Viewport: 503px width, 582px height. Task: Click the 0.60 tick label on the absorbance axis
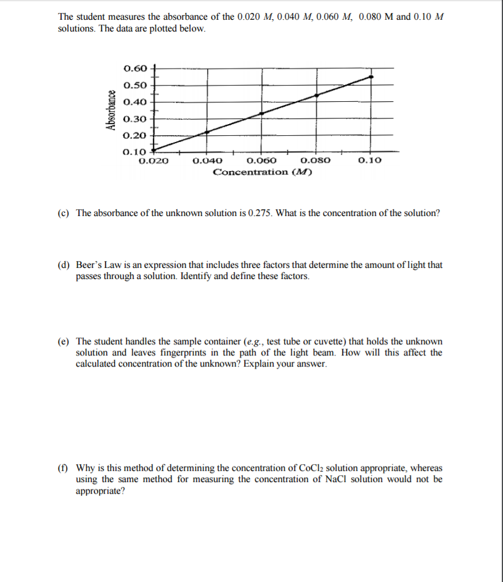point(135,68)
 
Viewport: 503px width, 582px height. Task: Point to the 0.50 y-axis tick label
point(135,85)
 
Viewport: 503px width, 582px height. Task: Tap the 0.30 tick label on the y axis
point(135,118)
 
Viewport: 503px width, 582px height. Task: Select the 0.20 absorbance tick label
point(135,135)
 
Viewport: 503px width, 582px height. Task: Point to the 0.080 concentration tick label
point(316,160)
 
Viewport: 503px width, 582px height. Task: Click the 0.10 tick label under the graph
point(369,160)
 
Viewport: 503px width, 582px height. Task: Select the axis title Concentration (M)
point(262,172)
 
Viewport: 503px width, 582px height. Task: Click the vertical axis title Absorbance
point(112,110)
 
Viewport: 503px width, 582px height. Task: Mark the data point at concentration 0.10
point(370,77)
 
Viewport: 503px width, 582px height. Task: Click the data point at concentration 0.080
point(316,95)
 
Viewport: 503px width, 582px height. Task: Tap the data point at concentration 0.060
point(261,114)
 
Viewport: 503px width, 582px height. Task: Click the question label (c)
point(63,213)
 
